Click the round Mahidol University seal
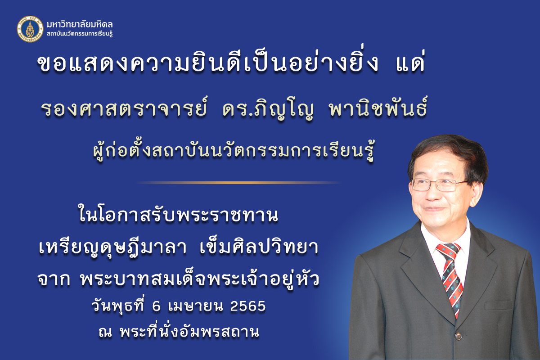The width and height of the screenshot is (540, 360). pos(30,29)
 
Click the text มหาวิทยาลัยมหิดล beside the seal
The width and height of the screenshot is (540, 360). pos(80,24)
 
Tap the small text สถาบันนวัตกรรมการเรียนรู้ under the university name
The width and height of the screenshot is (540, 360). pos(80,34)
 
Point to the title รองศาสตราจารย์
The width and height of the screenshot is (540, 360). pos(124,109)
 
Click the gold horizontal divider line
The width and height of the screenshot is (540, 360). pos(238,183)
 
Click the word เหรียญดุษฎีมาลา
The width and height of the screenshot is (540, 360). pos(112,248)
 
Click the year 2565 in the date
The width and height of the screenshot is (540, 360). pos(248,306)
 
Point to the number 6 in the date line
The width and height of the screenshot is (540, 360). pos(157,306)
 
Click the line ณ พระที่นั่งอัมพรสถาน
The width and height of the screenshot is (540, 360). pos(179,332)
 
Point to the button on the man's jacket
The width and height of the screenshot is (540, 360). pos(458,336)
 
